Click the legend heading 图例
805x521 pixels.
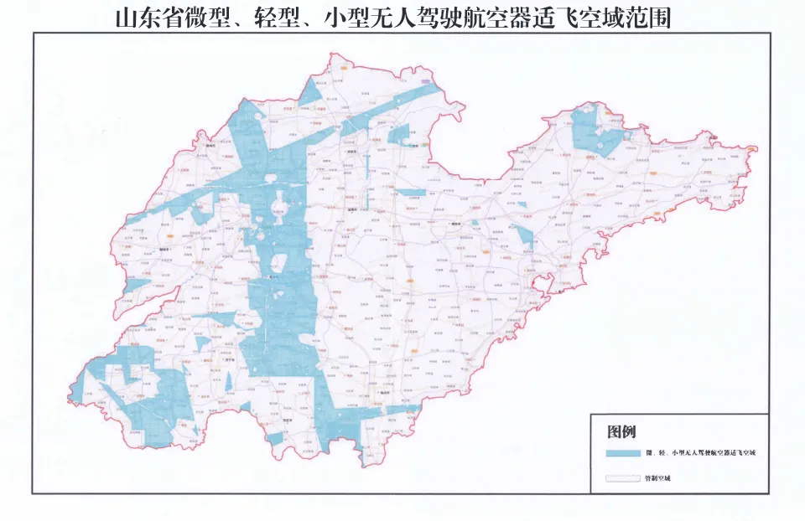(621, 432)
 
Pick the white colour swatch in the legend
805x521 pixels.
(621, 479)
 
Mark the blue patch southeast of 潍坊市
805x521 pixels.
(524, 235)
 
